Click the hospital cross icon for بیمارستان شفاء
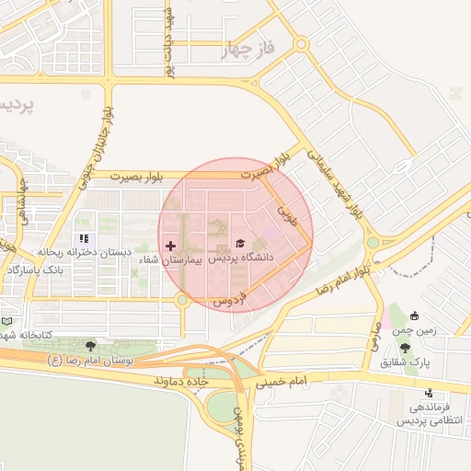170,246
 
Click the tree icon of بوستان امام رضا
90,347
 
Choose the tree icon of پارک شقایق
405,348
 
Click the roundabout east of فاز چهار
301,44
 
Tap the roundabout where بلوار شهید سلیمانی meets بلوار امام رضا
373,244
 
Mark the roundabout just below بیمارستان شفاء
182,299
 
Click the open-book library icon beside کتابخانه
7,322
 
